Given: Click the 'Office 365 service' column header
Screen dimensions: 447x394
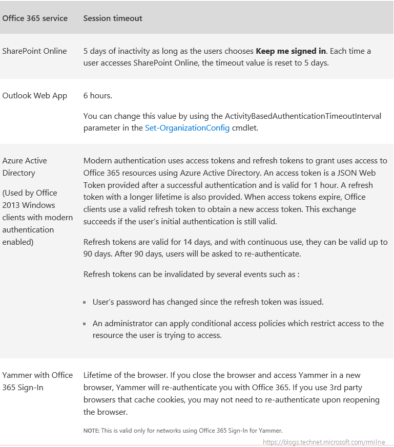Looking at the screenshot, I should (35, 18).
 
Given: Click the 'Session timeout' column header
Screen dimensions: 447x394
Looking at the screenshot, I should (113, 18).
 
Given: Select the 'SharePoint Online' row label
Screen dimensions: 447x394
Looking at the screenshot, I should (34, 51).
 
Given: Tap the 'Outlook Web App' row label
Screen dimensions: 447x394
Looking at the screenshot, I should (34, 96).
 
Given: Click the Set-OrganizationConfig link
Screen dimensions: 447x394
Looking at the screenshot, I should (187, 128).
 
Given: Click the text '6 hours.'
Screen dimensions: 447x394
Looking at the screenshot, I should (97, 96).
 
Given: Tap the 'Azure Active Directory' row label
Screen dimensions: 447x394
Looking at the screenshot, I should (25, 166).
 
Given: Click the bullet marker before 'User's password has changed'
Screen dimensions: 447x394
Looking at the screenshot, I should (85, 303).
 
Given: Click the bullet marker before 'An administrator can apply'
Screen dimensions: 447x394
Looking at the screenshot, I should (85, 324).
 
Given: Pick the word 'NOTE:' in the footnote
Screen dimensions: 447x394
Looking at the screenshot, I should (91, 431).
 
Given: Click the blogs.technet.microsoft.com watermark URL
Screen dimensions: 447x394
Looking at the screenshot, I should (324, 441).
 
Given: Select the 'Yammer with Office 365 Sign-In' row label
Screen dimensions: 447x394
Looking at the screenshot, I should (37, 381).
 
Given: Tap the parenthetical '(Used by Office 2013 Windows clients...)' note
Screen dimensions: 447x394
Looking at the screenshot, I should (37, 217).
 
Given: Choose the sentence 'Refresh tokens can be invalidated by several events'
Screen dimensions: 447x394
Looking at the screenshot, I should (191, 274).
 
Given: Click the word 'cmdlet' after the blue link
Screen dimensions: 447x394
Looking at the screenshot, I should (244, 128).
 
